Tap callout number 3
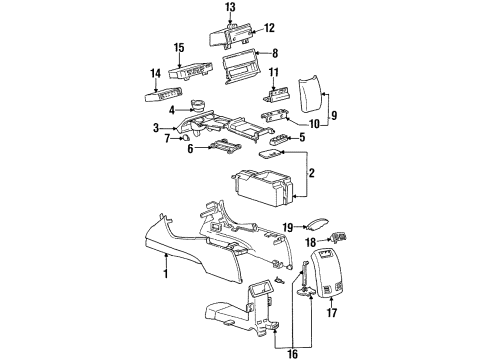click(x=156, y=128)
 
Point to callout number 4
click(x=173, y=109)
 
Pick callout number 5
click(x=305, y=137)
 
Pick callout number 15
click(x=179, y=47)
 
